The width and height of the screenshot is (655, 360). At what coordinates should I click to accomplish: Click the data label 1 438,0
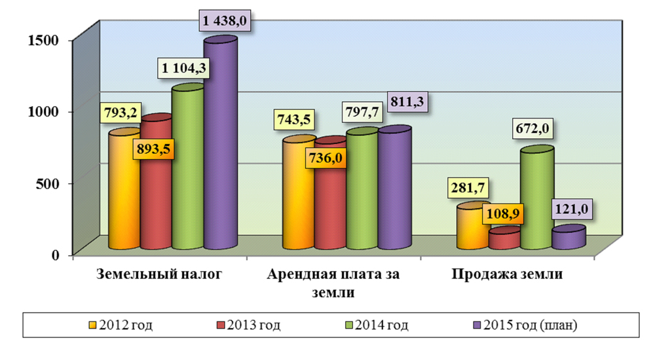[225, 22]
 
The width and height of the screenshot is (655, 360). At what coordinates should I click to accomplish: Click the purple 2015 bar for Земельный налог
[220, 144]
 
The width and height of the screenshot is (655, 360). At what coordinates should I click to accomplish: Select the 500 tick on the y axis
[50, 183]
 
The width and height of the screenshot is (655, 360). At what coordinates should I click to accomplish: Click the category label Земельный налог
[159, 274]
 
